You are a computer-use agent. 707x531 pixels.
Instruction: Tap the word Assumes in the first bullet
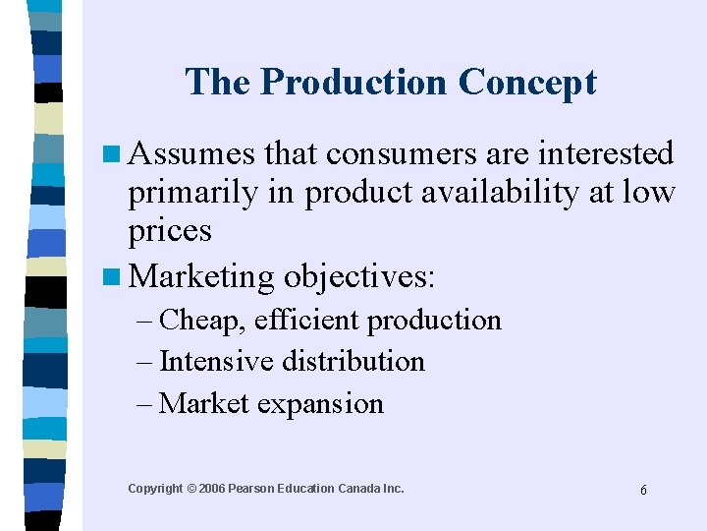tap(191, 154)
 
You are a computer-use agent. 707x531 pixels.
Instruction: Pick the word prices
tap(170, 231)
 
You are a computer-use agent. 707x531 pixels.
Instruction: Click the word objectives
tap(358, 276)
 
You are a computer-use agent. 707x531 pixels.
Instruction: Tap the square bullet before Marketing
tap(115, 277)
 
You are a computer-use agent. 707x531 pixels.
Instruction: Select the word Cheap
tap(204, 321)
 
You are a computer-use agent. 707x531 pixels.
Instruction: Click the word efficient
tap(315, 321)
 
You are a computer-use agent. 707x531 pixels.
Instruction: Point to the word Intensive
tap(216, 362)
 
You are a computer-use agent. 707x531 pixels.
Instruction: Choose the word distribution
tap(353, 362)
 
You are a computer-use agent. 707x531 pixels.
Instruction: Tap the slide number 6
tap(643, 490)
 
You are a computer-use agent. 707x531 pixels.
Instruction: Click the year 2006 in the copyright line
tap(211, 489)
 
